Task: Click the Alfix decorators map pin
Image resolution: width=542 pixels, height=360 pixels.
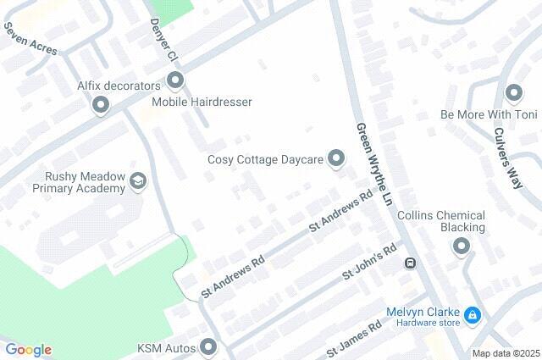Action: (x=101, y=106)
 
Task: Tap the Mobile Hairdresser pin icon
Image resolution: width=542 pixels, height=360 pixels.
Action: (x=176, y=81)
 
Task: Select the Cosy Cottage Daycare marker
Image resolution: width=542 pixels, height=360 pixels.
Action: (x=337, y=158)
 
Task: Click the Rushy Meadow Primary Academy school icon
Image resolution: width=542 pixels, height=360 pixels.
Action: (x=137, y=181)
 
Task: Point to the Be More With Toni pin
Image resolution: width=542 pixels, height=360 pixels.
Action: (x=512, y=93)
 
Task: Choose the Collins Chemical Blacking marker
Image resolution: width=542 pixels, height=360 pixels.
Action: (x=462, y=246)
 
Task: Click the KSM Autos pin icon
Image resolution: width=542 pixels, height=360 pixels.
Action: (x=208, y=347)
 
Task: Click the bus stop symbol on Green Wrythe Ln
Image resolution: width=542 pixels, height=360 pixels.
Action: (x=409, y=263)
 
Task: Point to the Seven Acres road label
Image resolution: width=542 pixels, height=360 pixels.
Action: (x=30, y=39)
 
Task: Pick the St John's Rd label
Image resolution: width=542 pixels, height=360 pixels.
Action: (x=369, y=264)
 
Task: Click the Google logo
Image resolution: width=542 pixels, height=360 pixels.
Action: (x=28, y=350)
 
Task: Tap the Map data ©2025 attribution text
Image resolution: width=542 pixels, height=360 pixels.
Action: (x=506, y=353)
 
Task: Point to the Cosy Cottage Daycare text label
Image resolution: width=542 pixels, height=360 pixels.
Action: (x=266, y=159)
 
